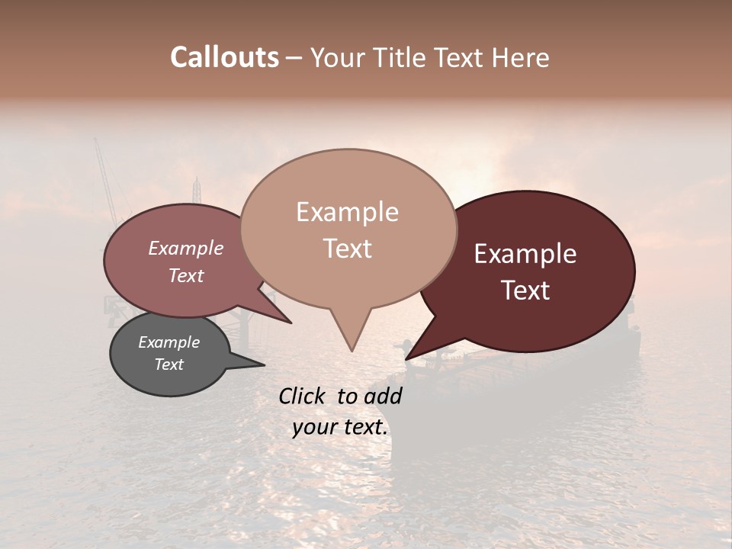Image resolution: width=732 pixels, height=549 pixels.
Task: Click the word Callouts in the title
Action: [x=224, y=57]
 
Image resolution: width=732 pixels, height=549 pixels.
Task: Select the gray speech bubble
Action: [x=169, y=355]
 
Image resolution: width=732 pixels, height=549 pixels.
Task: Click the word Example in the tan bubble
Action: [x=348, y=212]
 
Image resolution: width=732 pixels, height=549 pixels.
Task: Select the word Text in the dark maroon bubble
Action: [x=526, y=291]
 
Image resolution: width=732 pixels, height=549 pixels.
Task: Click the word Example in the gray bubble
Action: [x=169, y=342]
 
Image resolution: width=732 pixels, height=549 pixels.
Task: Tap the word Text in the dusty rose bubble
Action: [x=186, y=275]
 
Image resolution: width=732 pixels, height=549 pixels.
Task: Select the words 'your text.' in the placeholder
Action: [x=340, y=427]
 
